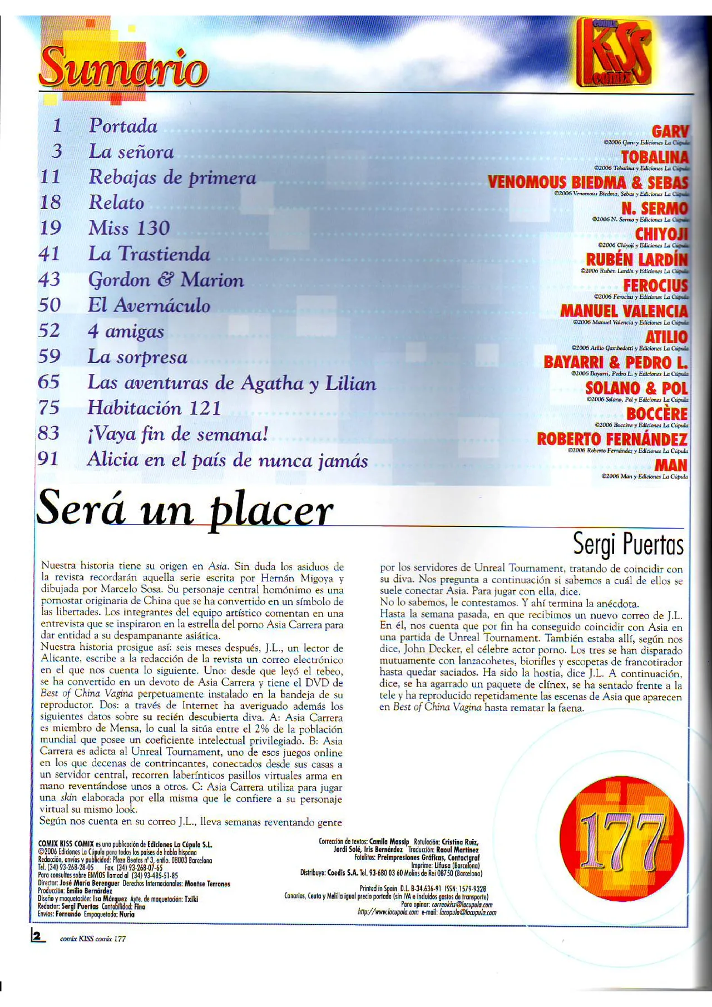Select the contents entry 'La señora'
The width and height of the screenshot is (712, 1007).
point(131,152)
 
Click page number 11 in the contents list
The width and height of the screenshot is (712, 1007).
point(50,177)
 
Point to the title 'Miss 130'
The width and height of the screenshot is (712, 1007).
point(129,228)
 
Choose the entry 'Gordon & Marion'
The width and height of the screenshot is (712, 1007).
point(166,279)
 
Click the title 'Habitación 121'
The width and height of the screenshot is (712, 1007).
point(154,408)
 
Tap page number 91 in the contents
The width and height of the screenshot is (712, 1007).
point(48,459)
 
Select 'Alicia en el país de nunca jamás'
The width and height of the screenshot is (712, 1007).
point(228,460)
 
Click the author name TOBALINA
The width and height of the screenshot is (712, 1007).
point(654,157)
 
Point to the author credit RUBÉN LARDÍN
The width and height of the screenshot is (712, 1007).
point(636,260)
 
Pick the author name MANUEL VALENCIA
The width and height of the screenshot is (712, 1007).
point(624,311)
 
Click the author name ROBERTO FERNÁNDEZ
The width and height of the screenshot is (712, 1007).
point(612,439)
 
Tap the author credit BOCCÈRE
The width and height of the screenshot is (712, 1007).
point(656,414)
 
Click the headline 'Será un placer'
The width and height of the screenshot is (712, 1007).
point(185,509)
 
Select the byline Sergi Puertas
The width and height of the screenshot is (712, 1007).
point(628,544)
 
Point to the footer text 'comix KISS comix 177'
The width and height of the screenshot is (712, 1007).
point(93,939)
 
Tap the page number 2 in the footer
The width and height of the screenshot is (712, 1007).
point(38,936)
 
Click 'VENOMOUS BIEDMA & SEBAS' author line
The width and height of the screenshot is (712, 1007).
point(587,182)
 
